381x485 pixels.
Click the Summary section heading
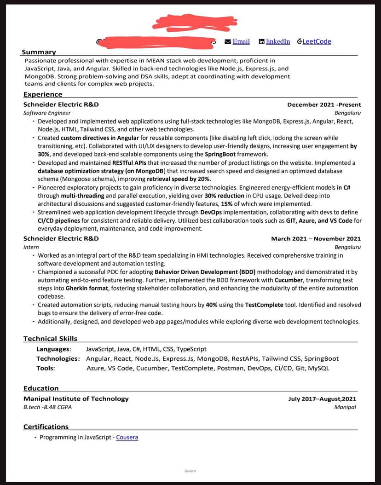point(39,52)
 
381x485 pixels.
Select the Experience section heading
point(43,94)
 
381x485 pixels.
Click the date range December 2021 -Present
point(324,104)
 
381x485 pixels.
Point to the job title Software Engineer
point(47,113)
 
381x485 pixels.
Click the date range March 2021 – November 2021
point(316,238)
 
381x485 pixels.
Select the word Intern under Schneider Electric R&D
point(31,247)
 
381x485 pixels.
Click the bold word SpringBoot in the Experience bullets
point(221,154)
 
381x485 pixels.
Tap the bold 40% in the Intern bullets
point(212,305)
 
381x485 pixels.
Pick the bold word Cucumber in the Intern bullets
point(289,280)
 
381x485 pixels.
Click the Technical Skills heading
point(50,339)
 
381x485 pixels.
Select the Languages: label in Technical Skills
point(53,349)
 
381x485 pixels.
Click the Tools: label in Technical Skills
point(46,368)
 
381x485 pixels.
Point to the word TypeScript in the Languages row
point(191,349)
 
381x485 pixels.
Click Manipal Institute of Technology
point(76,398)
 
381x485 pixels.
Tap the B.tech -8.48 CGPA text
point(47,407)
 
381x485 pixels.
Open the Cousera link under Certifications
point(127,437)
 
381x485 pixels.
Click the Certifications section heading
point(46,427)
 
